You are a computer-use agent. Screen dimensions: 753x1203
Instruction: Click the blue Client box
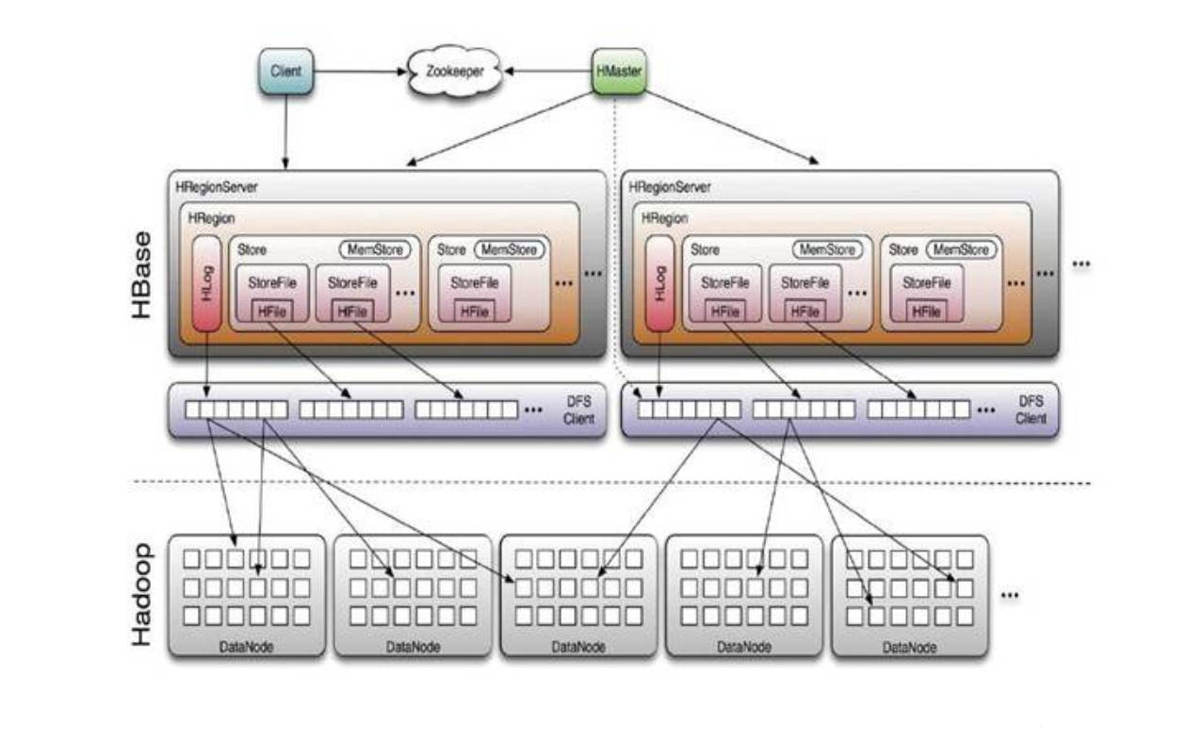285,72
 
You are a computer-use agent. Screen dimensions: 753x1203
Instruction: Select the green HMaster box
619,72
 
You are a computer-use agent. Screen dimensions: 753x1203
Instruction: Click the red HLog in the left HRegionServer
206,282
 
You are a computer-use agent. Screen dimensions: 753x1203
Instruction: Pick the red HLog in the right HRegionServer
659,282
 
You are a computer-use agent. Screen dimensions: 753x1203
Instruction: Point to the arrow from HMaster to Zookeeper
545,71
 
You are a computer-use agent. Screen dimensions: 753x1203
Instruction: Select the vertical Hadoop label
142,594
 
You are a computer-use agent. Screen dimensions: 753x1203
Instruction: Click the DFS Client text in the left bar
578,409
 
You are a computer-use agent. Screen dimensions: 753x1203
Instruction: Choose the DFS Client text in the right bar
1031,409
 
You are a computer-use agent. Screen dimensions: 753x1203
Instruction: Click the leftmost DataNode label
246,648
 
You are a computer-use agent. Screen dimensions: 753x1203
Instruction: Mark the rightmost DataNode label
909,648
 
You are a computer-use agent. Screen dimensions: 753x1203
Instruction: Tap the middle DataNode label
577,648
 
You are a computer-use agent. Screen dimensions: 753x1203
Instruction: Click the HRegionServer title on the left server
217,187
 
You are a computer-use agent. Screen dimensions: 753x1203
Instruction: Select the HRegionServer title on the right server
670,187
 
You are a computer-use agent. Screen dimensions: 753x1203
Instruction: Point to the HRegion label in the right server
664,217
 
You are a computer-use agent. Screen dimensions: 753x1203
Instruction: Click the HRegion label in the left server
211,217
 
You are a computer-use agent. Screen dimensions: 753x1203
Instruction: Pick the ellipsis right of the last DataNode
1010,596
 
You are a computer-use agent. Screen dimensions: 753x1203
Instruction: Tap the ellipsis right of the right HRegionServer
1081,265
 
